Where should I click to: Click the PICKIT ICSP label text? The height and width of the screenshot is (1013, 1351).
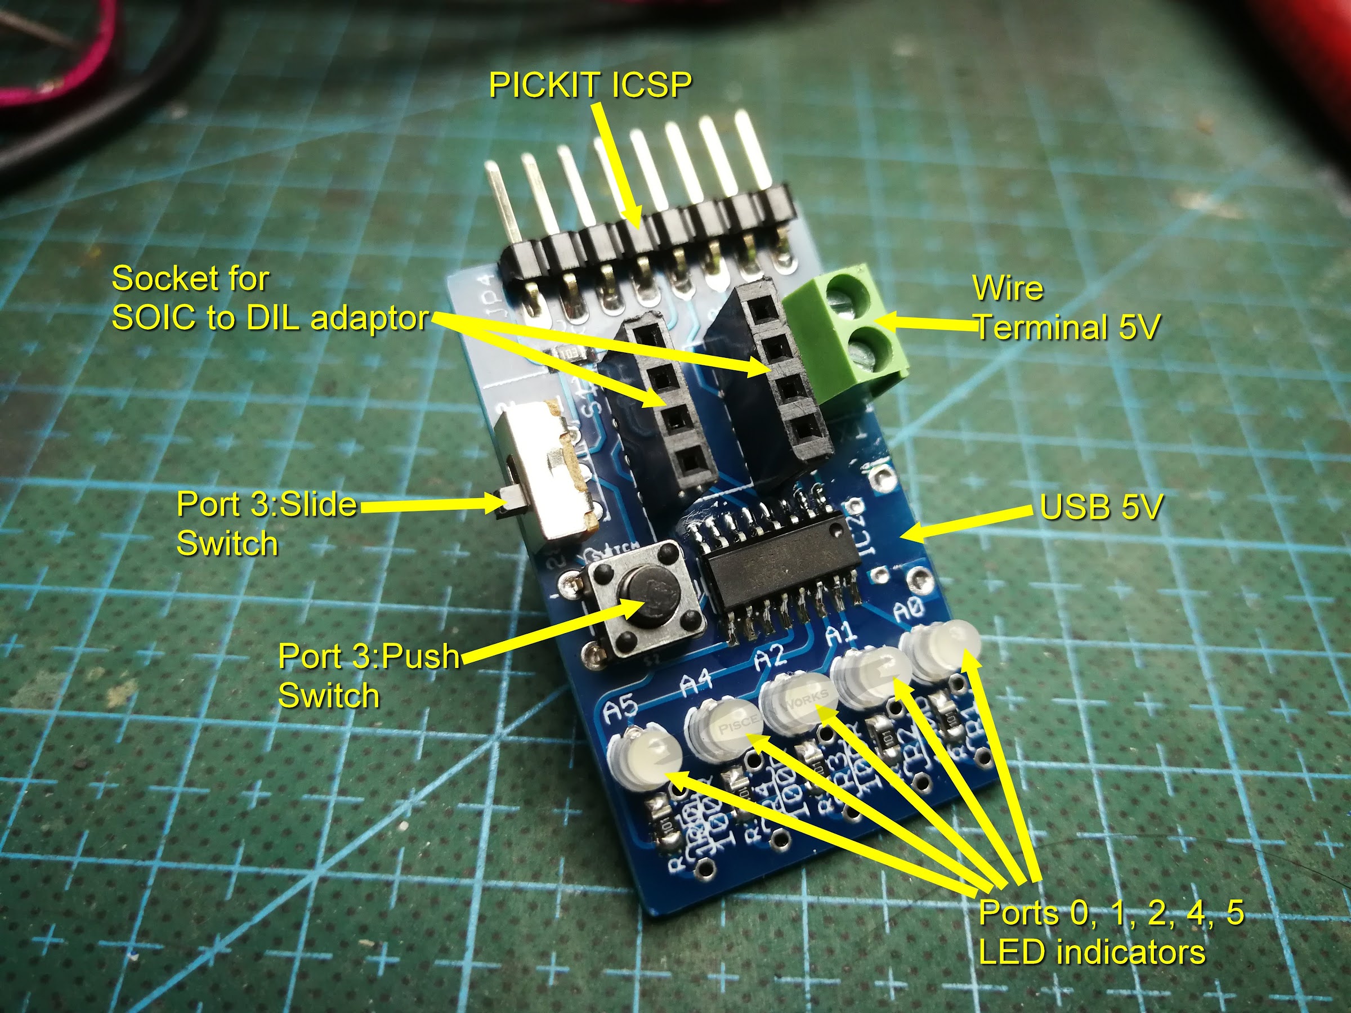[x=590, y=85]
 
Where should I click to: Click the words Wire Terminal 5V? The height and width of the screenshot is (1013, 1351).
[x=1066, y=308]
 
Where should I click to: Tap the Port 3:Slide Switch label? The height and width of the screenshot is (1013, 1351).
[x=266, y=523]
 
